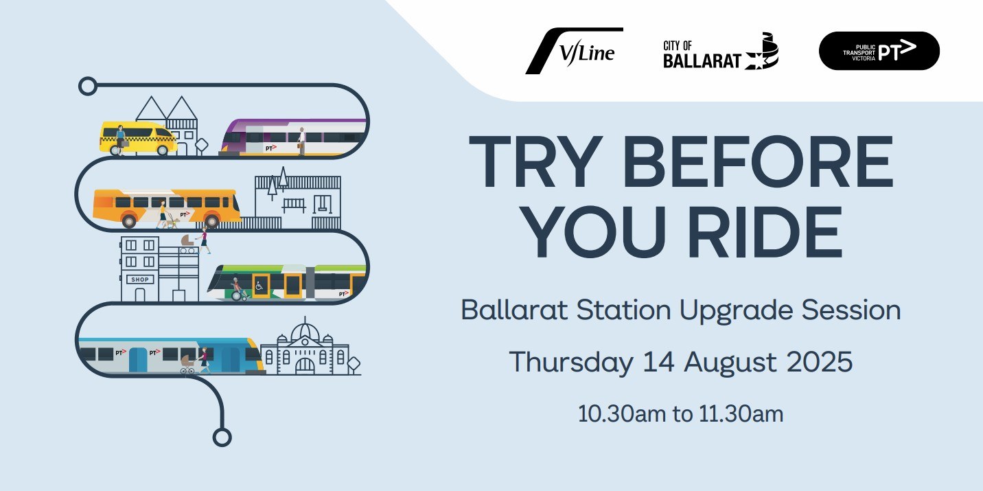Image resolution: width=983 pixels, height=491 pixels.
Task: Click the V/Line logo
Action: [575, 51]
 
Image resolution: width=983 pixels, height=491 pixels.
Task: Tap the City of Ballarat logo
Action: [721, 52]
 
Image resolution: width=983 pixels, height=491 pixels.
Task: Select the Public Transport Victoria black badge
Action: [879, 51]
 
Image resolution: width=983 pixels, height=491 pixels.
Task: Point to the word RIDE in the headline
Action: [765, 232]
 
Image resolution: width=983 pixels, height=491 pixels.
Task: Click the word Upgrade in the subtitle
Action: [736, 311]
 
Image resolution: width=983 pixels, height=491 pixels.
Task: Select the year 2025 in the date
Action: [819, 362]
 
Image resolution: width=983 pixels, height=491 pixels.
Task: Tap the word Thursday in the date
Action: [571, 363]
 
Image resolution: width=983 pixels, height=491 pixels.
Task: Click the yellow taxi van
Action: [138, 138]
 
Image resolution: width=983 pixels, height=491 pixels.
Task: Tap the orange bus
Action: [166, 207]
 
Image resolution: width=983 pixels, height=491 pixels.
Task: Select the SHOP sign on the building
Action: [140, 279]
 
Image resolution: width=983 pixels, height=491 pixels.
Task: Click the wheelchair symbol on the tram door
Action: [259, 286]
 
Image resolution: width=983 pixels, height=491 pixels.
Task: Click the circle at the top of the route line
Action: [88, 86]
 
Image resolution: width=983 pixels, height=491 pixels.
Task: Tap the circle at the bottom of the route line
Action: [222, 437]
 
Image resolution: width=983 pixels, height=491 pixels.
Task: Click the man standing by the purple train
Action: [301, 141]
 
